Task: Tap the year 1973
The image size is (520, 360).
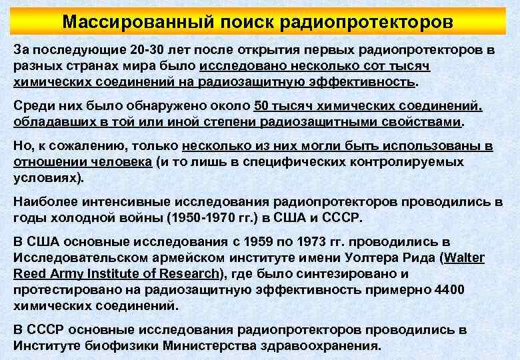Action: tap(322, 241)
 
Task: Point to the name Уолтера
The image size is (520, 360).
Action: tap(371, 258)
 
